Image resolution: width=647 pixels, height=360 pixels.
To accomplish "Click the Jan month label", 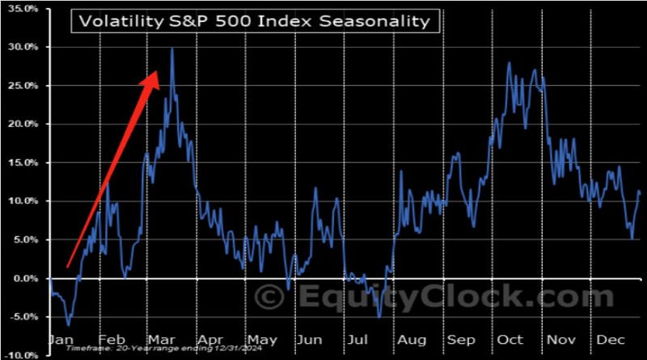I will click(x=61, y=341).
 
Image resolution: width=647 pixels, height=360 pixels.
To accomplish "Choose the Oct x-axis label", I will click(x=511, y=341).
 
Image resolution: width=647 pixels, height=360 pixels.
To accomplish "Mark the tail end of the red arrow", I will click(x=68, y=265).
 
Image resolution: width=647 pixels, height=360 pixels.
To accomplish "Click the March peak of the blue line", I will click(x=172, y=49).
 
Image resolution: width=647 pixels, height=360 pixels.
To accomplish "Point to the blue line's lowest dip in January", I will click(x=69, y=325).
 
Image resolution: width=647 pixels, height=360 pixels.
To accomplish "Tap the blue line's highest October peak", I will click(x=508, y=63).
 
